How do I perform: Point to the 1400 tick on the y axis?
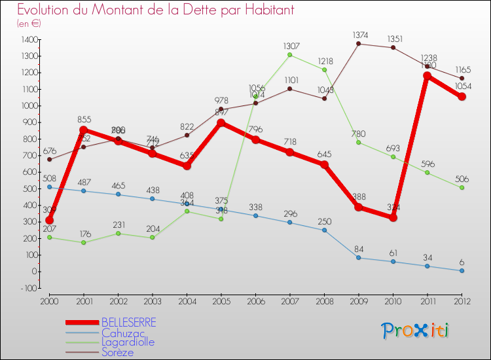(x=29, y=40)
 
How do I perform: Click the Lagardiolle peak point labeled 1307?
(x=290, y=55)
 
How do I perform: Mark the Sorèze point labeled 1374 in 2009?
(x=359, y=44)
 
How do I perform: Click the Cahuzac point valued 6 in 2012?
(x=462, y=270)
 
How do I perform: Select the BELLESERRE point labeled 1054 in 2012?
(x=462, y=97)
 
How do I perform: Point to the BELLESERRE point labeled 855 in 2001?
(x=84, y=130)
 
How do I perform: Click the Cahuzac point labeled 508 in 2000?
(x=49, y=187)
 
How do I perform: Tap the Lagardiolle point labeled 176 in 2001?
(x=84, y=242)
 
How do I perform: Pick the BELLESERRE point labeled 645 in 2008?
(x=324, y=164)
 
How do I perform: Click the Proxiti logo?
(x=416, y=331)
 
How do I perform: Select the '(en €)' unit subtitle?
(x=29, y=24)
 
